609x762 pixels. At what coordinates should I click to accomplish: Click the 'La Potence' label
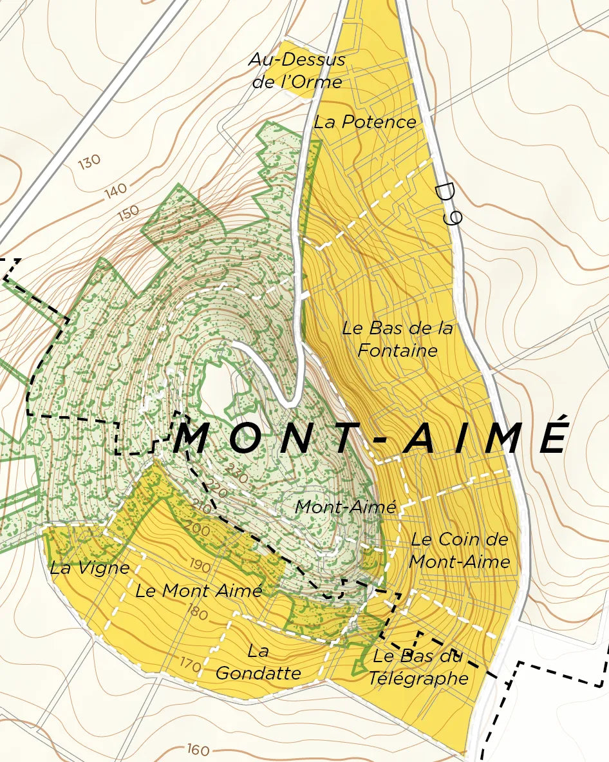364,122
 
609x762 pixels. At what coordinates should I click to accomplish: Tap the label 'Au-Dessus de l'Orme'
297,71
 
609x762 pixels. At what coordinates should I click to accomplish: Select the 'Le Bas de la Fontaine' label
397,339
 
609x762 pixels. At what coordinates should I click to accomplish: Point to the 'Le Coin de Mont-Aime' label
459,550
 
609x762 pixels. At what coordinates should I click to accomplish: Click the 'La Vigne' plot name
89,568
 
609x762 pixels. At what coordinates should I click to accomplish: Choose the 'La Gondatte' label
258,662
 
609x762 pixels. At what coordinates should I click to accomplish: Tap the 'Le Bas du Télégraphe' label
418,667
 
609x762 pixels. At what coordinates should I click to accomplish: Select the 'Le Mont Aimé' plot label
198,590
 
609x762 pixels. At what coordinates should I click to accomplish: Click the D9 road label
447,204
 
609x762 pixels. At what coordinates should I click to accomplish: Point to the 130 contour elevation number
89,162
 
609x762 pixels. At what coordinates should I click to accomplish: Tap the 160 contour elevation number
199,749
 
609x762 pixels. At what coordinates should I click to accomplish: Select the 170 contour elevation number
190,662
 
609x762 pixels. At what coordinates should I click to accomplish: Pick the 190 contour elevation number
200,566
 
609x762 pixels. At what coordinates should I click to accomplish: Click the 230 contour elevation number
236,476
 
